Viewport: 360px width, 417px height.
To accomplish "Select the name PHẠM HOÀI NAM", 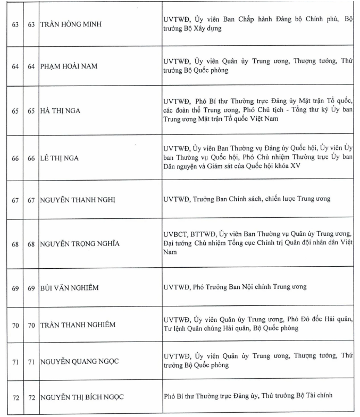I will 71,66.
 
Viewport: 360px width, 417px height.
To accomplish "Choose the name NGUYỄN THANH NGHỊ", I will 78,199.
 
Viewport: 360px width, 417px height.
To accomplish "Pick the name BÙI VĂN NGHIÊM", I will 69,287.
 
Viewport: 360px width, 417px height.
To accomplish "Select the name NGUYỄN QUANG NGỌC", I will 79,362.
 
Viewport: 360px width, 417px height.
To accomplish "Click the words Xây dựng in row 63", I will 207,29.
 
